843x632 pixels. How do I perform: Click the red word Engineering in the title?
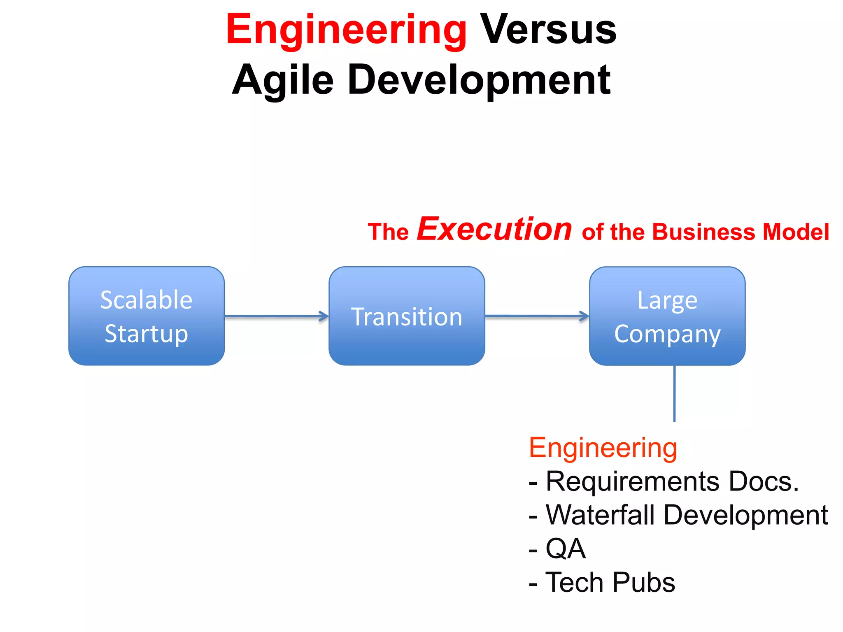346,30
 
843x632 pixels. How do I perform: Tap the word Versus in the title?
548,30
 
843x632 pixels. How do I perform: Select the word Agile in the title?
283,80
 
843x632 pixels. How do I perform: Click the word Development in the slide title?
479,80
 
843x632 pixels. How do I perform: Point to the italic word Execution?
494,229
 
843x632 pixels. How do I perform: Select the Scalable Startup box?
147,316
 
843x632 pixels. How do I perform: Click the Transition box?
407,316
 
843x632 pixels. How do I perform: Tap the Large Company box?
667,316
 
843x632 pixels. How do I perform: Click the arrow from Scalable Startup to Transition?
276,316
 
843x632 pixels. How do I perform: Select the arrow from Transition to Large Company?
537,316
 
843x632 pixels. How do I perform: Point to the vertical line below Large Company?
674,393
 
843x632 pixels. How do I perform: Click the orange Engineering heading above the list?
603,448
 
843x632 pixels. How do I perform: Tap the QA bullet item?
565,549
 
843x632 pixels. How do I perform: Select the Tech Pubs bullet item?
610,583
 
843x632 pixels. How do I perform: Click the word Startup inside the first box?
147,333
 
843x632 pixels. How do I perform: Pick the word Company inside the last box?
667,334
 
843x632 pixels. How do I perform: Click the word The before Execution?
388,232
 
